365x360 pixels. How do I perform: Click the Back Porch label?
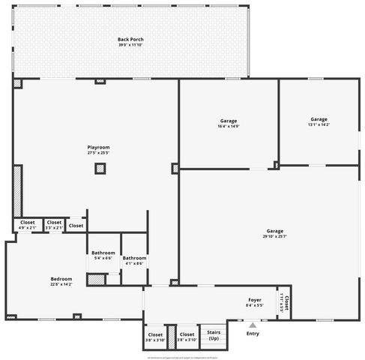130,39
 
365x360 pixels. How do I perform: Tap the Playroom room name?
98,147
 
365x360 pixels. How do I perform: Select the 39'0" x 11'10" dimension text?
130,46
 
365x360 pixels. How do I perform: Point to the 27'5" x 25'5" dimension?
98,154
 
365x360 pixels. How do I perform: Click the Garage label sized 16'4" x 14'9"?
229,121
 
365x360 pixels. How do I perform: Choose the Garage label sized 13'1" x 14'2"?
319,118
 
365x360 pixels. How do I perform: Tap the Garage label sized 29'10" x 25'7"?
274,230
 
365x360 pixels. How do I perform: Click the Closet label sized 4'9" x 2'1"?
27,222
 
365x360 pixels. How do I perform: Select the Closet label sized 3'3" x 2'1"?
54,222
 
